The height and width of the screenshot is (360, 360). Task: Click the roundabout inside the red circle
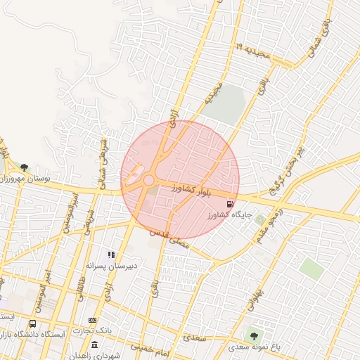[149, 181]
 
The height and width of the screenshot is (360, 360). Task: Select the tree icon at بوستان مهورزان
[25, 167]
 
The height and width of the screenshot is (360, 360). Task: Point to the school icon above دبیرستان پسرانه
[111, 254]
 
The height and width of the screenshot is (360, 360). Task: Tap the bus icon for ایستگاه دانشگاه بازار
[33, 324]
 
